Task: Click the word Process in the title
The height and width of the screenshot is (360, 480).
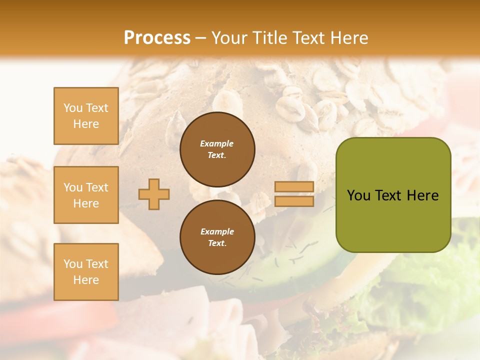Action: click(x=157, y=38)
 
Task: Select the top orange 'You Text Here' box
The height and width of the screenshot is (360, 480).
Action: click(x=86, y=116)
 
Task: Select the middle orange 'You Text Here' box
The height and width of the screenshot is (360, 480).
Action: click(x=86, y=195)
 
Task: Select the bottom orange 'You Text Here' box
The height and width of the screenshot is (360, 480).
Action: click(x=86, y=272)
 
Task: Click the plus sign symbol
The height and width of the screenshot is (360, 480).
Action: click(x=154, y=194)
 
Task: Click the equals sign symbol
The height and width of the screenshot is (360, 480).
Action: click(x=294, y=194)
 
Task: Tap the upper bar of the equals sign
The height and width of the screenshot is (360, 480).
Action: click(x=294, y=187)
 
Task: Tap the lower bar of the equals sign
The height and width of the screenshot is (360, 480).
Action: click(x=294, y=201)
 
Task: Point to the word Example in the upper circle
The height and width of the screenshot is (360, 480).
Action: click(x=217, y=143)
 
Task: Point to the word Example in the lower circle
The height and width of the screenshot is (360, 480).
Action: click(x=217, y=231)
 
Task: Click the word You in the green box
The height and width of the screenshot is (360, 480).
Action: click(x=358, y=195)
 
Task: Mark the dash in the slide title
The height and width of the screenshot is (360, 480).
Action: click(x=200, y=38)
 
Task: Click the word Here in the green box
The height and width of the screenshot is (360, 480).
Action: click(x=423, y=195)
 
